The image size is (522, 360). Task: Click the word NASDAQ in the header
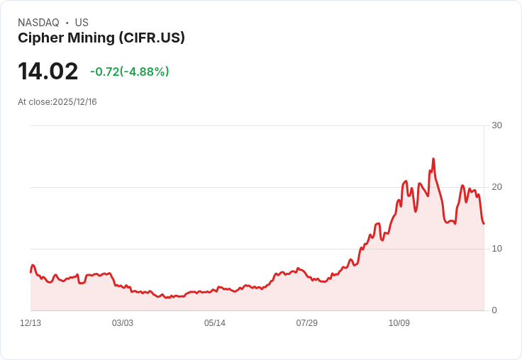tap(38, 23)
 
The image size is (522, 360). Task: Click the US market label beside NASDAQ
tap(82, 23)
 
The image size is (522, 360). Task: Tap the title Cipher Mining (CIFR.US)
tap(101, 38)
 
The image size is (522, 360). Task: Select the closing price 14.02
tap(48, 72)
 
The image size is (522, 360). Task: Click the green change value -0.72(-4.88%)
tap(129, 72)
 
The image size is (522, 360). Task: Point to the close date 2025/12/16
tap(74, 102)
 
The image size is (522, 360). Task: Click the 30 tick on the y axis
tap(496, 125)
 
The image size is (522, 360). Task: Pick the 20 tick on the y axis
tap(496, 187)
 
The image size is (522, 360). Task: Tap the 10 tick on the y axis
tap(496, 249)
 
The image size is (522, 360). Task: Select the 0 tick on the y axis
tap(494, 310)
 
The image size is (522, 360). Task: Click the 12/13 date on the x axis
tap(30, 323)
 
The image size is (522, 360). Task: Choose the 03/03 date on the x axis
tap(123, 323)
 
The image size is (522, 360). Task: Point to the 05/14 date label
tap(215, 323)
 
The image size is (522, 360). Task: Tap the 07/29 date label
tap(307, 323)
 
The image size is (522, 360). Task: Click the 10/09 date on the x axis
tap(399, 323)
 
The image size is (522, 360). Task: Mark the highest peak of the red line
tap(433, 159)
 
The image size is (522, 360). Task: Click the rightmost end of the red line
tap(484, 224)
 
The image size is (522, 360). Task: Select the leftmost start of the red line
tap(30, 271)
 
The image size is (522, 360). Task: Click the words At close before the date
tap(34, 102)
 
